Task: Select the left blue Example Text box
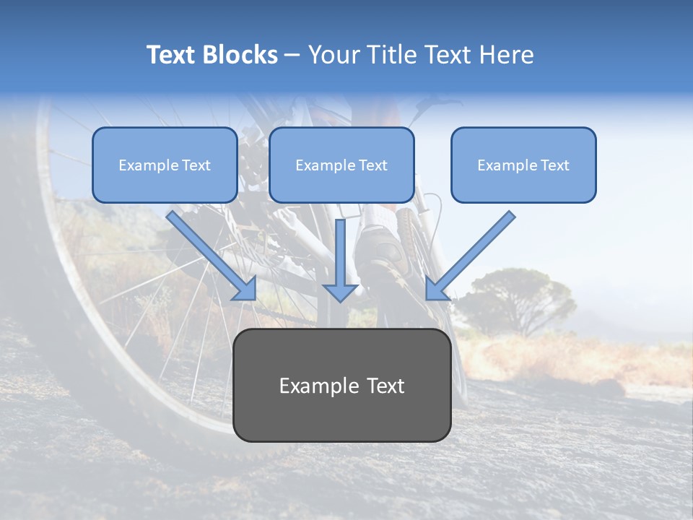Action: pos(165,165)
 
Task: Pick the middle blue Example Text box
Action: pos(341,165)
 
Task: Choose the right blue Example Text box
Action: pos(523,165)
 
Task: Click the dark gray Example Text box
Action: pos(341,385)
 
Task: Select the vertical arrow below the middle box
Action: pos(340,260)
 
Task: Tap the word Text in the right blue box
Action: pos(555,165)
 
